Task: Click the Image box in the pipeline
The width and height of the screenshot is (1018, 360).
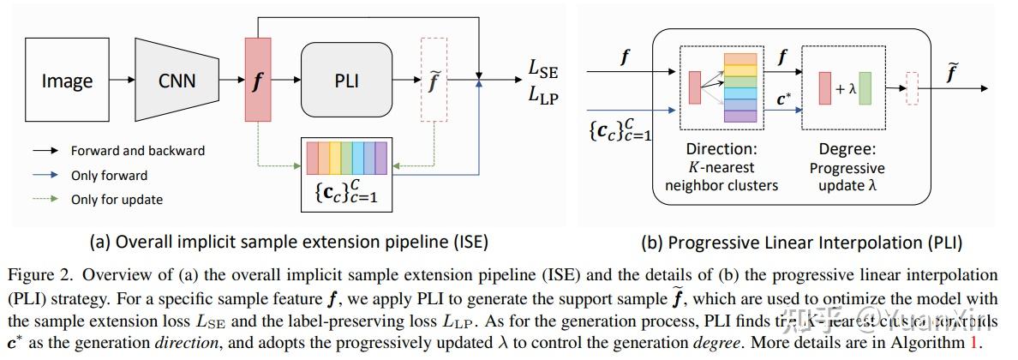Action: (67, 81)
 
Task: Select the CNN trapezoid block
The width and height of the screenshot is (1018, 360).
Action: (177, 81)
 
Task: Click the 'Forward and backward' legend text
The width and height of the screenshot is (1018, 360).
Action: (137, 151)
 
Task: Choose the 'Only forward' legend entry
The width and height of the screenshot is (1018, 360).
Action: (109, 175)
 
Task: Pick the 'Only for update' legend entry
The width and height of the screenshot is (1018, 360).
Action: (117, 200)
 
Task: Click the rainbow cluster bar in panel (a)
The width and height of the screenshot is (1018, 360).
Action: (346, 159)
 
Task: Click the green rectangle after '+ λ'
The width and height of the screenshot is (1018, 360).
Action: (865, 87)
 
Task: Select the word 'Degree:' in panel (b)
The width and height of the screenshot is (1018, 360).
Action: (847, 149)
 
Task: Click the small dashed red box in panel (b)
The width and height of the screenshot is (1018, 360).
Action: (913, 87)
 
